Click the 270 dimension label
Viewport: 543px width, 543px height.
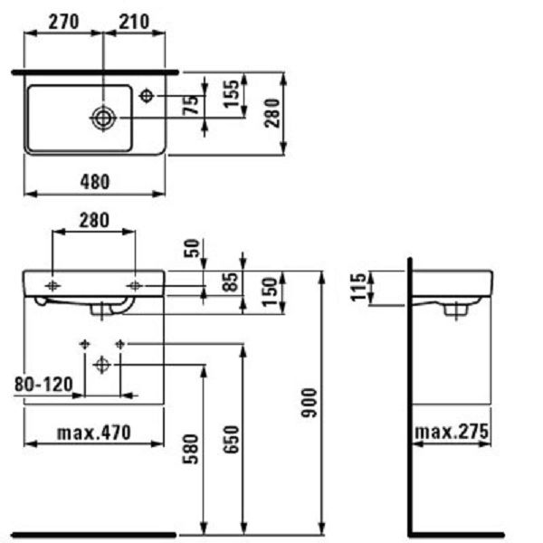pos(63,22)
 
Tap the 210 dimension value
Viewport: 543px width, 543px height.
pos(134,22)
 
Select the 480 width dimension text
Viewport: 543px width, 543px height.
pos(95,182)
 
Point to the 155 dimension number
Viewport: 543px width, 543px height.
pos(232,94)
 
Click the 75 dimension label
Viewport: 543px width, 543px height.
pos(191,105)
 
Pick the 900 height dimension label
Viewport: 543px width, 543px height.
pos(309,403)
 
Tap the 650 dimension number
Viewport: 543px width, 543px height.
pos(232,440)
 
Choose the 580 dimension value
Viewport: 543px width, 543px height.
pos(191,449)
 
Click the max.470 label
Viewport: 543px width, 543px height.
pos(94,433)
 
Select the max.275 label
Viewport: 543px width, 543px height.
pos(452,432)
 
